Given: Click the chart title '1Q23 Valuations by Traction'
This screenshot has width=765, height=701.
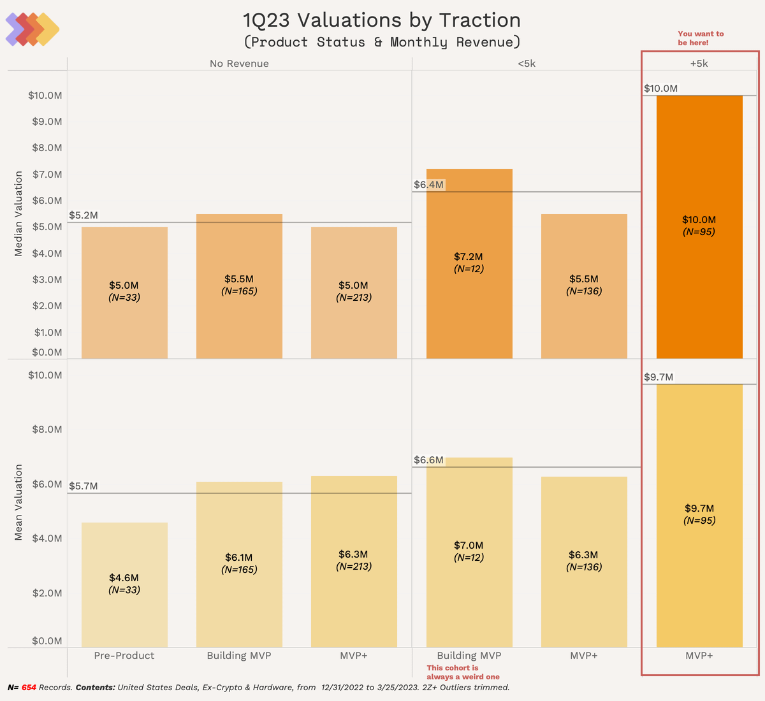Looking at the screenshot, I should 382,20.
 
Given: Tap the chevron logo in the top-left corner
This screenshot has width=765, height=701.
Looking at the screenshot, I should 32,29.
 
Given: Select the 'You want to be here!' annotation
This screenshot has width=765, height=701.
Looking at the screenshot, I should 700,38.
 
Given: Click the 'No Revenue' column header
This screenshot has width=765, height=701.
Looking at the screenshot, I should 239,64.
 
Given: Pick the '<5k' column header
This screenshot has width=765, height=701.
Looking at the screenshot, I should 527,64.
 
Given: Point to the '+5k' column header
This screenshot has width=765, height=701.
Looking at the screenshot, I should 699,64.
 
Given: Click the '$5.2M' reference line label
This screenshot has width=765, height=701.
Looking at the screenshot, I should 84,215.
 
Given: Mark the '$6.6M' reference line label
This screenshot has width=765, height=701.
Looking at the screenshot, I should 428,460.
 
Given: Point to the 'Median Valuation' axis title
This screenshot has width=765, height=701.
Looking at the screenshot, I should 18,213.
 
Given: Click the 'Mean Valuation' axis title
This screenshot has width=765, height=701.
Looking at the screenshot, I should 18,502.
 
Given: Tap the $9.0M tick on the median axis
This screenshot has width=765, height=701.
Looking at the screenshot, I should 47,122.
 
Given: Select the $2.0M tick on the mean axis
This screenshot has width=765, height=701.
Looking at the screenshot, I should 47,593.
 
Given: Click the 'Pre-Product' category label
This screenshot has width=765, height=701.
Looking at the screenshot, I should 124,656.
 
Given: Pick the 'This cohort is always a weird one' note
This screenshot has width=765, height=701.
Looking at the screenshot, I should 463,672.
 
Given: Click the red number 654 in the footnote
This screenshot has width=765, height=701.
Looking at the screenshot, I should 29,688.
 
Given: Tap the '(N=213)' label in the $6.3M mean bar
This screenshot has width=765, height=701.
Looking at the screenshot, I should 354,566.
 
